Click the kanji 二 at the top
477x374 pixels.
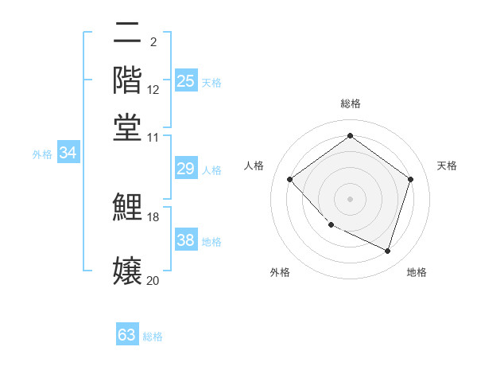click(x=127, y=34)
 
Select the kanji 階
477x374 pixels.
click(x=127, y=80)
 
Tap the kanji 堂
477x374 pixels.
click(x=127, y=126)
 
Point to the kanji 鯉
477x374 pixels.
click(x=127, y=207)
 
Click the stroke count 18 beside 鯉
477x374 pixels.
click(x=153, y=217)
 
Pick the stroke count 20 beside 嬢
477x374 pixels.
click(x=153, y=280)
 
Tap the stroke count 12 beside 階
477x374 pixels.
click(x=153, y=90)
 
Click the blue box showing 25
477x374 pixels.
click(x=185, y=81)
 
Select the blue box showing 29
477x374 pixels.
click(x=185, y=169)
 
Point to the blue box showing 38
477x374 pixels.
click(x=185, y=240)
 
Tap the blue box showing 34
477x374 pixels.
click(x=68, y=153)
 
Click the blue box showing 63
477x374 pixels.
click(x=127, y=335)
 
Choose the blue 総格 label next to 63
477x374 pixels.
click(x=153, y=337)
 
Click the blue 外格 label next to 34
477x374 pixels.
click(x=42, y=154)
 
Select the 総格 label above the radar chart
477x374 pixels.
click(x=350, y=103)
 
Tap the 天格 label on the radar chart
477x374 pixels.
click(x=447, y=166)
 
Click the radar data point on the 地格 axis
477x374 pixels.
click(x=387, y=251)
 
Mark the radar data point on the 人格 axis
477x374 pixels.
click(x=290, y=179)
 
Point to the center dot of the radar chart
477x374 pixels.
click(x=350, y=198)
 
